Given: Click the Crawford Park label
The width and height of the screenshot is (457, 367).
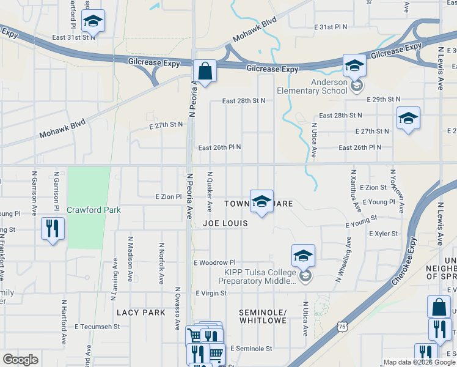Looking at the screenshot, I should tap(93, 210).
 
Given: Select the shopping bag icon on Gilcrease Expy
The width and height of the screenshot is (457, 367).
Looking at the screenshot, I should tap(205, 72).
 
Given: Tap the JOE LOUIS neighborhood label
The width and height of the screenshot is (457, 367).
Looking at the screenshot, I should tap(225, 223).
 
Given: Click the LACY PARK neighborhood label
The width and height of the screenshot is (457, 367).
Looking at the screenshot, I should tap(141, 313).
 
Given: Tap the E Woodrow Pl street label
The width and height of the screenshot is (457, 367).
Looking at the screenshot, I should tap(214, 262).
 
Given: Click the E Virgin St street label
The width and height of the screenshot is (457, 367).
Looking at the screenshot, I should tap(211, 293).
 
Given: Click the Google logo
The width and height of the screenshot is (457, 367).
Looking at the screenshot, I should tap(20, 360).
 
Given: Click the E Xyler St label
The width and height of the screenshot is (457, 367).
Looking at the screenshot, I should tap(383, 234).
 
